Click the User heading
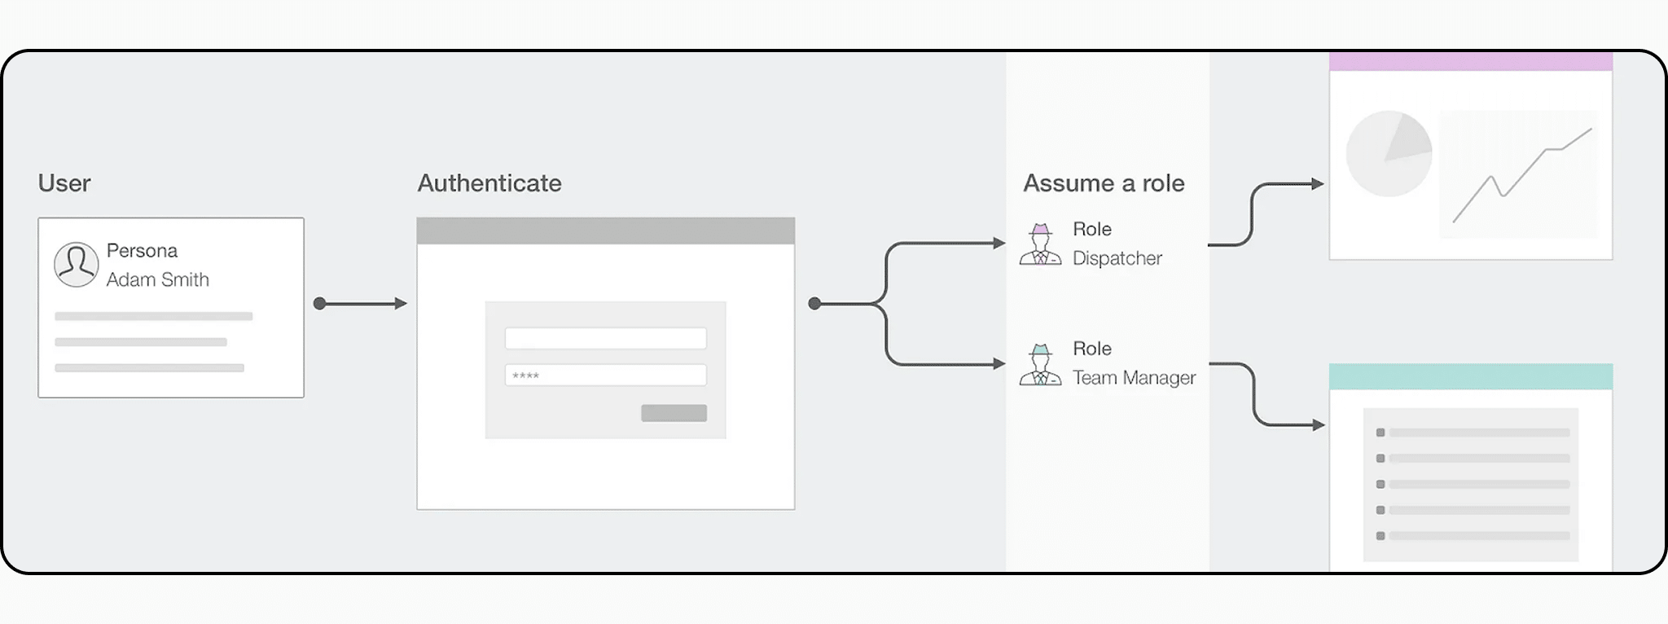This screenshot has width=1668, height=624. coord(64,183)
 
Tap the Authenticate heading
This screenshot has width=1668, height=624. coord(489,183)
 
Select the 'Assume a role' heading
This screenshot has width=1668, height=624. coord(1104,183)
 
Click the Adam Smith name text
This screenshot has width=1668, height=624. coord(158,279)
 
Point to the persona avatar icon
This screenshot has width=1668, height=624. coord(77,264)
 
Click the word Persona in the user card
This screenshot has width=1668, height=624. coord(142,250)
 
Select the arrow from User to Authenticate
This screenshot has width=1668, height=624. coord(360,304)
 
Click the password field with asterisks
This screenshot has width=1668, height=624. coord(606,376)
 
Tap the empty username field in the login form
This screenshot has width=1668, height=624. coord(606,338)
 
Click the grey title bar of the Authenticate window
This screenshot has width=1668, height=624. coord(606,231)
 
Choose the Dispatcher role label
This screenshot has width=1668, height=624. coord(1117,258)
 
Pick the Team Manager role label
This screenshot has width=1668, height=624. coord(1135,378)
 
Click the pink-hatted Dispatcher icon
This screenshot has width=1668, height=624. coord(1041,244)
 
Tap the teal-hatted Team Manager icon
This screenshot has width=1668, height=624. coord(1041,364)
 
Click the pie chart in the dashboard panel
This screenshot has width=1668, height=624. coord(1389,154)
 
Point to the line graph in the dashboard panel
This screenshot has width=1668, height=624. coord(1522,175)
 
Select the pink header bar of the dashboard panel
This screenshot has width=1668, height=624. coord(1471,62)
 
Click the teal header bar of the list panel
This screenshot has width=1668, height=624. coord(1471,376)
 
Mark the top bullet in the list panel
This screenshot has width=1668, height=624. coord(1380,433)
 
